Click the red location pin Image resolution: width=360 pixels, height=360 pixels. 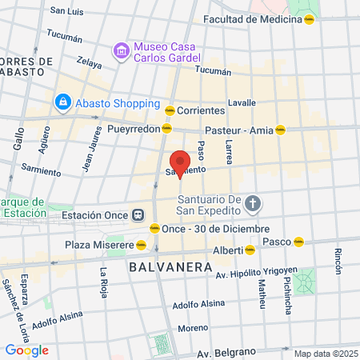pyautogui.click(x=179, y=162)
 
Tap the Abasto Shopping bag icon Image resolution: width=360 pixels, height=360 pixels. pyautogui.click(x=62, y=102)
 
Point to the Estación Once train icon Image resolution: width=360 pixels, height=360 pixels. pyautogui.click(x=138, y=214)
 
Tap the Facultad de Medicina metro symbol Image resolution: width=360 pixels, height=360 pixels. pyautogui.click(x=309, y=19)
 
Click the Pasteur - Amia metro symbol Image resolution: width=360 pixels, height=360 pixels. pyautogui.click(x=280, y=129)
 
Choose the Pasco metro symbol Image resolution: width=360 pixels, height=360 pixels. pyautogui.click(x=299, y=241)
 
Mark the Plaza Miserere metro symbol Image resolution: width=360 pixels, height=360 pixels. pyautogui.click(x=141, y=244)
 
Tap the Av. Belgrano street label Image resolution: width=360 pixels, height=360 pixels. pyautogui.click(x=226, y=353)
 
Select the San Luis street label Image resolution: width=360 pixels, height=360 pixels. pyautogui.click(x=66, y=11)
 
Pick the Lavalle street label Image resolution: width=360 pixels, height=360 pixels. pyautogui.click(x=242, y=102)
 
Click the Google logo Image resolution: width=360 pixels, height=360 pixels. pyautogui.click(x=26, y=350)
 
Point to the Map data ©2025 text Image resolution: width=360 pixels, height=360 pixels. pyautogui.click(x=324, y=354)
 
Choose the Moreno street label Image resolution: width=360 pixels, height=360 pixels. pyautogui.click(x=193, y=328)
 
